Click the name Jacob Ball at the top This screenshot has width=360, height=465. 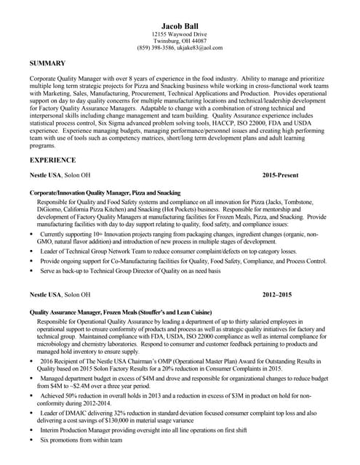pyautogui.click(x=179, y=26)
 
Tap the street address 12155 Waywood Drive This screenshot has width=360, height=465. pyautogui.click(x=179, y=35)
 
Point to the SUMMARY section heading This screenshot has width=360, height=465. pyautogui.click(x=48, y=63)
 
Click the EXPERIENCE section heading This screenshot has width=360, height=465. pyautogui.click(x=52, y=160)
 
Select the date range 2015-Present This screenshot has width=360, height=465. pyautogui.click(x=280, y=176)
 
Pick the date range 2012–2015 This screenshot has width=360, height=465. pyautogui.click(x=277, y=295)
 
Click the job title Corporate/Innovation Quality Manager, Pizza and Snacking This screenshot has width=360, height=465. pyautogui.click(x=105, y=193)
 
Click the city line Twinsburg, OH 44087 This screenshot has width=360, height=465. pyautogui.click(x=179, y=41)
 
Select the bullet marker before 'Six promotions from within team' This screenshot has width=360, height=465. pyautogui.click(x=31, y=440)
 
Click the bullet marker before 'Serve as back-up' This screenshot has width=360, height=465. pyautogui.click(x=31, y=271)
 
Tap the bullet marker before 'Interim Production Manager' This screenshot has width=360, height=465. pyautogui.click(x=31, y=430)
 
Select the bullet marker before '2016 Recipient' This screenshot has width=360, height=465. pyautogui.click(x=31, y=360)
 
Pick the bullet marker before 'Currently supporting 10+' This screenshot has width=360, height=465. pyautogui.click(x=31, y=235)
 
